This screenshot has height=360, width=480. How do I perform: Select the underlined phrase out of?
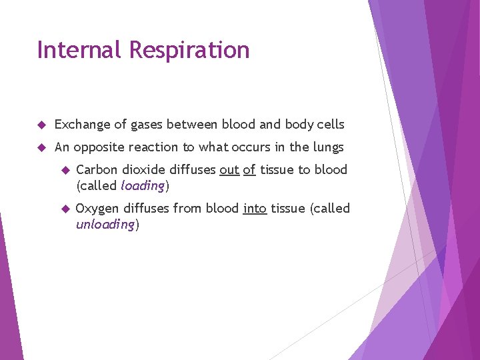[237, 170]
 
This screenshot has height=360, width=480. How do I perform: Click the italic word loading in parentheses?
[142, 186]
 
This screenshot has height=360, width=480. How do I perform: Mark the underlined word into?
[255, 209]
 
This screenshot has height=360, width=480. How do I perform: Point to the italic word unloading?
[105, 225]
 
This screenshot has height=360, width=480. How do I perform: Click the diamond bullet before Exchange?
[41, 125]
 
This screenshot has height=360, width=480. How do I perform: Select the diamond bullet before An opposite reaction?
[41, 147]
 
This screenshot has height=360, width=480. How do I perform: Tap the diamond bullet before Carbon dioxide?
[65, 170]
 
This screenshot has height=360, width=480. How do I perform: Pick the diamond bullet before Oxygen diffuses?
[65, 209]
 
